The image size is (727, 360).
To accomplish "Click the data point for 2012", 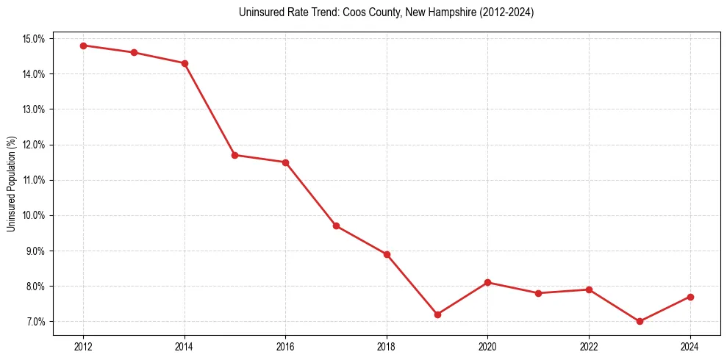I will tap(83, 46).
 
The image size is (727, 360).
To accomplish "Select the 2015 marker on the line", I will tap(234, 155).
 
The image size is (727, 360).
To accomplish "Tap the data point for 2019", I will tap(437, 314).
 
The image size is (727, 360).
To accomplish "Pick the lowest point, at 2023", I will tap(640, 321).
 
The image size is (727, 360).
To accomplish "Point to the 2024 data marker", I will tap(690, 297).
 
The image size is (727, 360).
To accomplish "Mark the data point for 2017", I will tap(336, 226).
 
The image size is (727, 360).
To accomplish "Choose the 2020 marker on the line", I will tap(487, 282).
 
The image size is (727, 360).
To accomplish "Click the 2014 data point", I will tap(185, 63).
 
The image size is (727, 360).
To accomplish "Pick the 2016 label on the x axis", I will tap(285, 347).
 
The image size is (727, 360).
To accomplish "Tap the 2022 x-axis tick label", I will tap(589, 347).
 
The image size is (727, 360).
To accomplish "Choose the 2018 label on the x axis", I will tap(387, 347).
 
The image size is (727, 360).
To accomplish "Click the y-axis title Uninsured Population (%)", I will tap(11, 184).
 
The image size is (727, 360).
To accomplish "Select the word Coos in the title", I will tap(353, 12).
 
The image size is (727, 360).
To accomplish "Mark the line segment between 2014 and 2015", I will tap(209, 109).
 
